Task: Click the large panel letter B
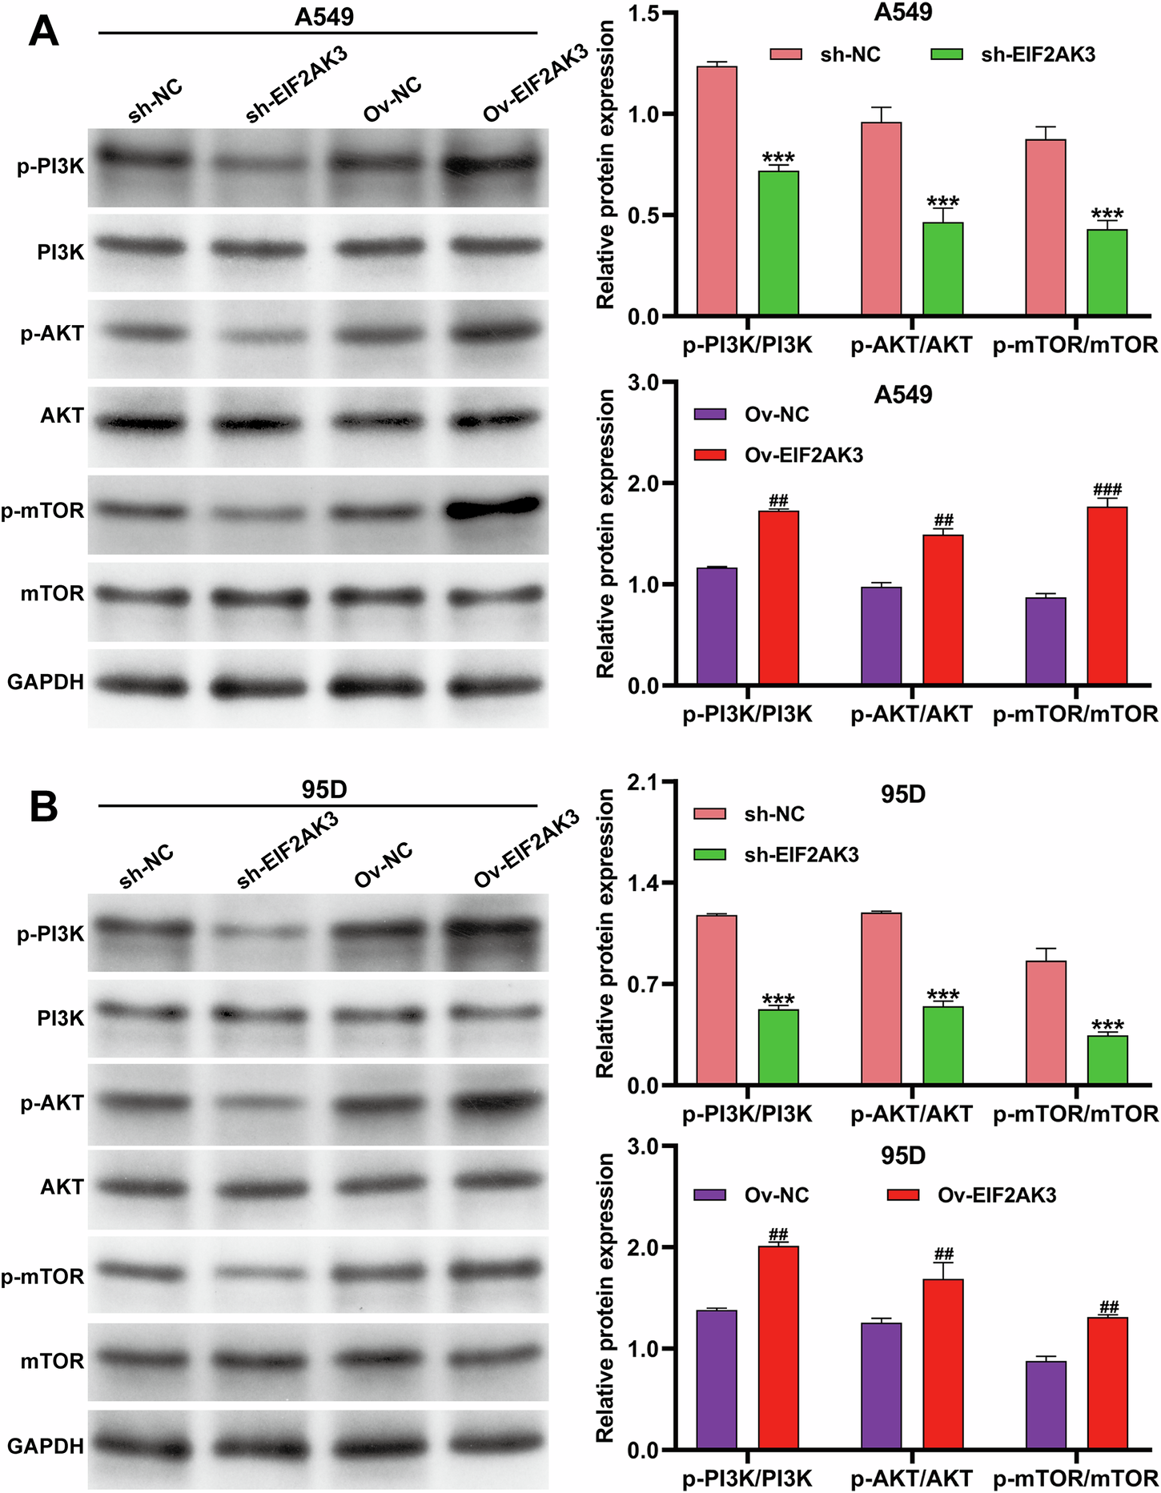(43, 807)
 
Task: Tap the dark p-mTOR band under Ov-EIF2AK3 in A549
(492, 508)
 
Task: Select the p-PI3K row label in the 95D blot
(50, 933)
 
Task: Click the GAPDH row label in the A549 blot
(46, 682)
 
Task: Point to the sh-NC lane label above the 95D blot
(146, 866)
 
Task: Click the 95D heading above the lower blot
(323, 790)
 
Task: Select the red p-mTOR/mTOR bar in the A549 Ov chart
(1107, 596)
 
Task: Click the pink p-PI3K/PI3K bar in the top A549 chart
(717, 191)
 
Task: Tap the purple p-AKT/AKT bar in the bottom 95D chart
(881, 1386)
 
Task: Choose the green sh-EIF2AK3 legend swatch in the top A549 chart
(946, 54)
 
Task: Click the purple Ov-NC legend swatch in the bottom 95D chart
(709, 1195)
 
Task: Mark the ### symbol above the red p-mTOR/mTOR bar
(1107, 489)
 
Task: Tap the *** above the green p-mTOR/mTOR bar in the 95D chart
(1107, 1025)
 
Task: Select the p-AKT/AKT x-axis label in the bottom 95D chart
(911, 1478)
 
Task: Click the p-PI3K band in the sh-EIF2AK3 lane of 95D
(259, 932)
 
